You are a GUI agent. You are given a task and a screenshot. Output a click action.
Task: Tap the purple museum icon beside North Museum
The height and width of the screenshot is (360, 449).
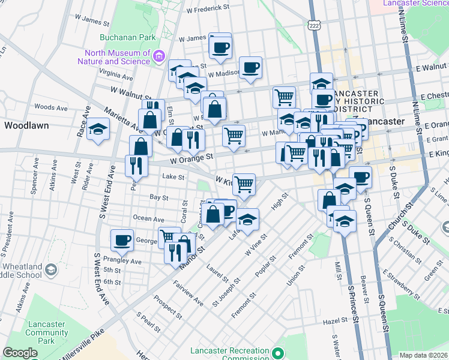[x=159, y=57]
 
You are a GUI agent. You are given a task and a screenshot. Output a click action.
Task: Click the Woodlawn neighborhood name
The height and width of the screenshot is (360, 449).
[x=26, y=126]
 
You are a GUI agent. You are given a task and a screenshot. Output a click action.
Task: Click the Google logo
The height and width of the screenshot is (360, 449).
[x=20, y=352]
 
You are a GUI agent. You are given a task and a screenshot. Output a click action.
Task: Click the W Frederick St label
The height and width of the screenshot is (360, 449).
[x=208, y=8]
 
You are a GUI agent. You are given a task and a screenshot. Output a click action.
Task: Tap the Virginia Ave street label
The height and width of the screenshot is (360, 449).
[x=116, y=76]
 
